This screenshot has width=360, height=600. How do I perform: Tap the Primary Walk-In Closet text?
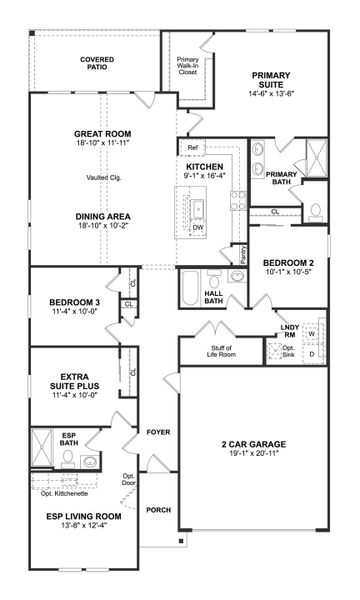click(x=187, y=66)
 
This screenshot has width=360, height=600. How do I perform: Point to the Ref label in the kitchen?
click(x=192, y=149)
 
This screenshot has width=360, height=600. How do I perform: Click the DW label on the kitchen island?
click(x=198, y=227)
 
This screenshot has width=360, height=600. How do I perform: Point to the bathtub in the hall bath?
click(x=191, y=287)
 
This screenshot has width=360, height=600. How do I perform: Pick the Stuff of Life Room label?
click(x=203, y=351)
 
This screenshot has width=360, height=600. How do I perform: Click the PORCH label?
click(x=158, y=509)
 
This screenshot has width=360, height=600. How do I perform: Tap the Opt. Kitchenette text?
click(x=65, y=492)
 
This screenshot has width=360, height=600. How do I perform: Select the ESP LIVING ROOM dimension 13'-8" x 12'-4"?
click(x=69, y=528)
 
